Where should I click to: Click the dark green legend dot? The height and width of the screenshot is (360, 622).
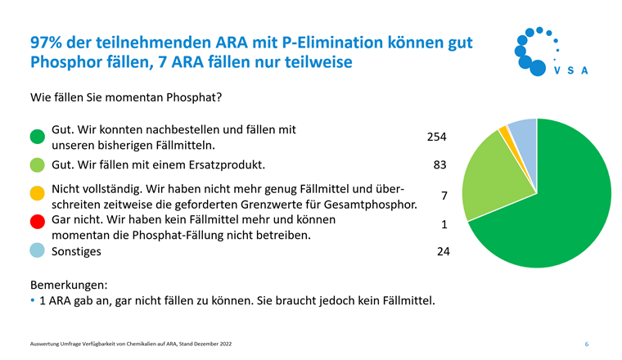37,137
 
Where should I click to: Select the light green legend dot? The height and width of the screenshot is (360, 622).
37,165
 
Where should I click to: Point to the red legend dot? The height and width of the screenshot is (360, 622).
37,222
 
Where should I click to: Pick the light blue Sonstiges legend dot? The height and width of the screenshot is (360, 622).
37,251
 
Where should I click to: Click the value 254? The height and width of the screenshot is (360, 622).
436,137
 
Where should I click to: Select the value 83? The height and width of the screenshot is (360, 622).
439,165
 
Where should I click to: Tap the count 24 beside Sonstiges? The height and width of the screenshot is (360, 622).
443,251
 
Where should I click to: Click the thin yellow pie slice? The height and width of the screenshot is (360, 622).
505,130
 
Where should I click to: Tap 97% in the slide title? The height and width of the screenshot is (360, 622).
47,42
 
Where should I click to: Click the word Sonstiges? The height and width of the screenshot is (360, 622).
76,251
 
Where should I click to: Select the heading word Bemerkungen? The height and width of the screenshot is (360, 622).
69,286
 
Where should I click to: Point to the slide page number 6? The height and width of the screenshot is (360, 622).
586,344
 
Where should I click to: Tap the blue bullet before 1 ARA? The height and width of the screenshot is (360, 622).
33,301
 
